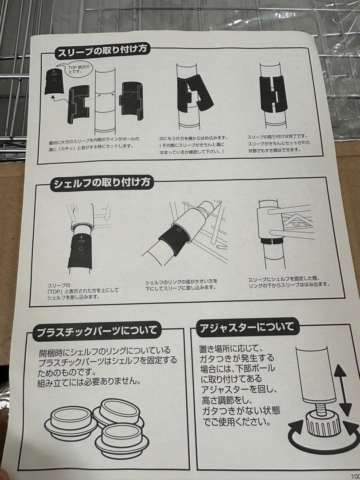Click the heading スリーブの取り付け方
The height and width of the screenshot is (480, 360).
[102, 50]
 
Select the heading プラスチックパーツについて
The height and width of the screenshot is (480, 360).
[97, 331]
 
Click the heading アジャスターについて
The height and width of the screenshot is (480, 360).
[247, 327]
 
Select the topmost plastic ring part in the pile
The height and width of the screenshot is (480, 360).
[120, 411]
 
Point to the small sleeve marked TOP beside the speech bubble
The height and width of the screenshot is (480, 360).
[54, 81]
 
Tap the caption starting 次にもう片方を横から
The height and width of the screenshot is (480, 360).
[193, 145]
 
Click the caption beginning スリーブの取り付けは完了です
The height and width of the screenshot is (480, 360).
[278, 143]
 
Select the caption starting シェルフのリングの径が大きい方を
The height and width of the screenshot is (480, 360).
[181, 284]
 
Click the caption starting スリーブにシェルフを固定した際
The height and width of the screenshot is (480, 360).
[289, 281]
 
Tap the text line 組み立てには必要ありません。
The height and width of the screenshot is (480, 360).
[89, 382]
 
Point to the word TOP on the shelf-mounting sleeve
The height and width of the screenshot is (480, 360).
[81, 241]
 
